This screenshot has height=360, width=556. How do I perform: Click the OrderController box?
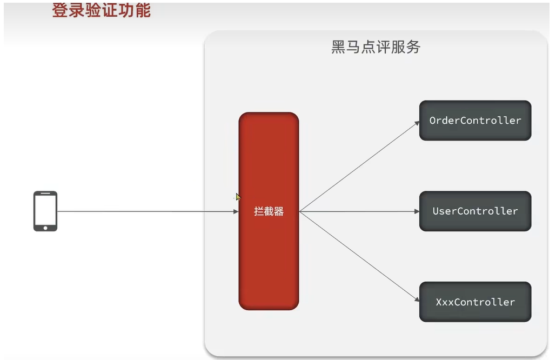tap(475, 121)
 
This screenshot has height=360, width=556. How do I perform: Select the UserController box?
tap(475, 211)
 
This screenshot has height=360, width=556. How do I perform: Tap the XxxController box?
tap(475, 302)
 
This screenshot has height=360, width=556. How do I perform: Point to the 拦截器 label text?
tap(269, 211)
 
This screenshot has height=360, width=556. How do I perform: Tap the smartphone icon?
tap(45, 211)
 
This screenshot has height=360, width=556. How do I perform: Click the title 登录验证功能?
tap(101, 10)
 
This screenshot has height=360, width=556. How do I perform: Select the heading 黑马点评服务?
tap(376, 47)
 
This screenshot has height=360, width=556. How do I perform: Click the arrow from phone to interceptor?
tap(146, 211)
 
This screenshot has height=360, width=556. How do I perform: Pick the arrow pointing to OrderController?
tap(359, 166)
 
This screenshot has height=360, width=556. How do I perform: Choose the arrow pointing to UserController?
tap(359, 211)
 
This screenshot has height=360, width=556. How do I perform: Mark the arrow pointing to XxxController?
tap(359, 256)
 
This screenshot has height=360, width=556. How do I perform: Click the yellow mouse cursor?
tap(238, 197)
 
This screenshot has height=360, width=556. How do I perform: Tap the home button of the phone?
tap(45, 228)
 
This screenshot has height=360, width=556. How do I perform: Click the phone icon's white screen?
tap(45, 209)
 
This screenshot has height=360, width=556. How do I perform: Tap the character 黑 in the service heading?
tap(338, 47)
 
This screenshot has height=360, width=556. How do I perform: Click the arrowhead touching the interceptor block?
tap(236, 211)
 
